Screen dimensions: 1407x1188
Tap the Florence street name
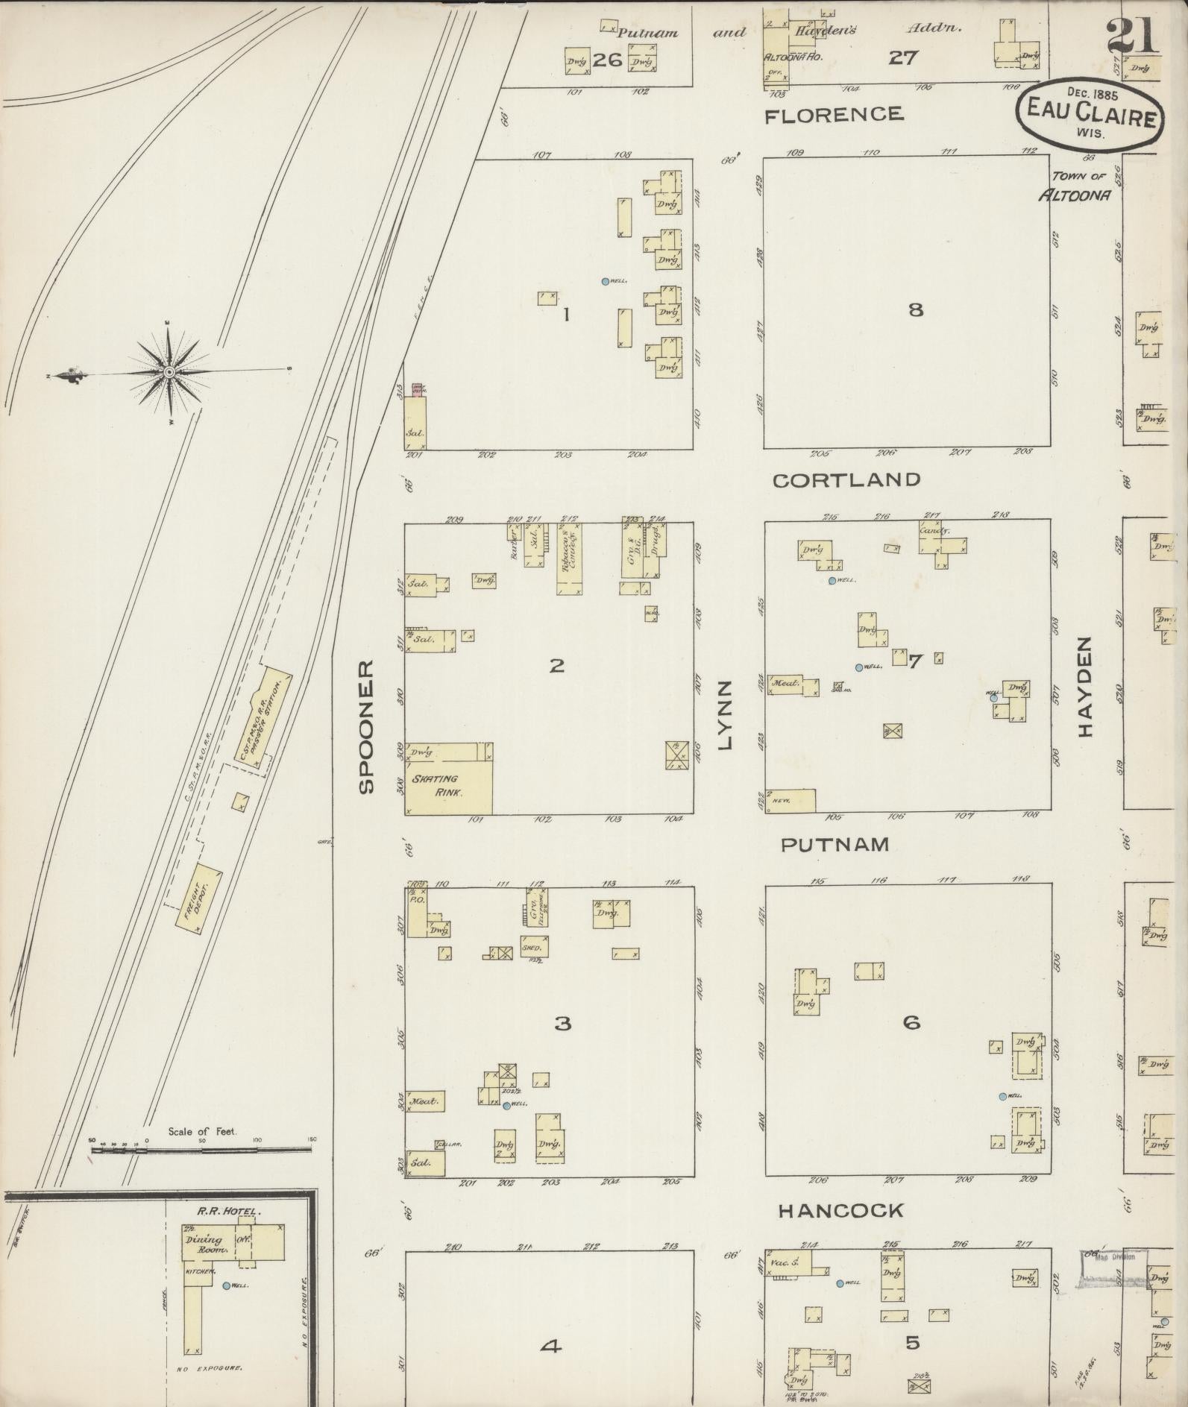coord(834,114)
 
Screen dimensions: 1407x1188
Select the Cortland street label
coord(846,479)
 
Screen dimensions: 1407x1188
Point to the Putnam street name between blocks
coord(835,844)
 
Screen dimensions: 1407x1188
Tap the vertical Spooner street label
coord(365,726)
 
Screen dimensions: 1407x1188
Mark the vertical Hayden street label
coord(1084,687)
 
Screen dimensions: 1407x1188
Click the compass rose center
coord(169,371)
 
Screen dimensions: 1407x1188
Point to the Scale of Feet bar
coord(201,1151)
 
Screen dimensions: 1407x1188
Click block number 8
coord(915,309)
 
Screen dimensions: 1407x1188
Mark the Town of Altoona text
coord(1078,186)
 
